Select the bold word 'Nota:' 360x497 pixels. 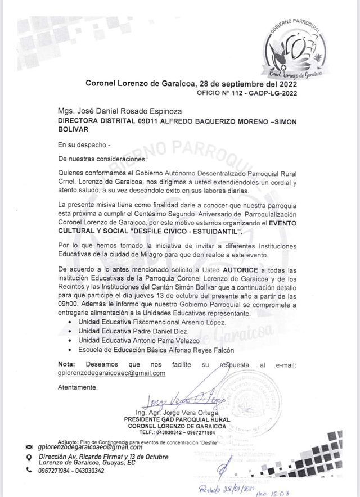point(66,364)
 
